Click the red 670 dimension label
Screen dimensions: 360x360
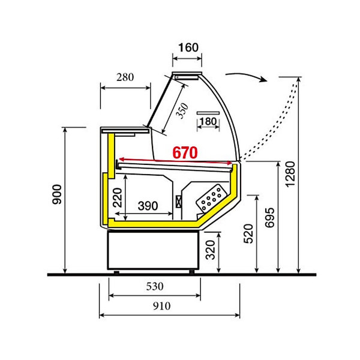click(184, 152)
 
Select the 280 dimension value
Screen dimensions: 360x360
click(124, 77)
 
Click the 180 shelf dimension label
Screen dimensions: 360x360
click(207, 122)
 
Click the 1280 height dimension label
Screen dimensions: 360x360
click(290, 175)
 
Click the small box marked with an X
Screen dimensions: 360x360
click(178, 202)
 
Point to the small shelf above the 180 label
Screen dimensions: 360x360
click(208, 112)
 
